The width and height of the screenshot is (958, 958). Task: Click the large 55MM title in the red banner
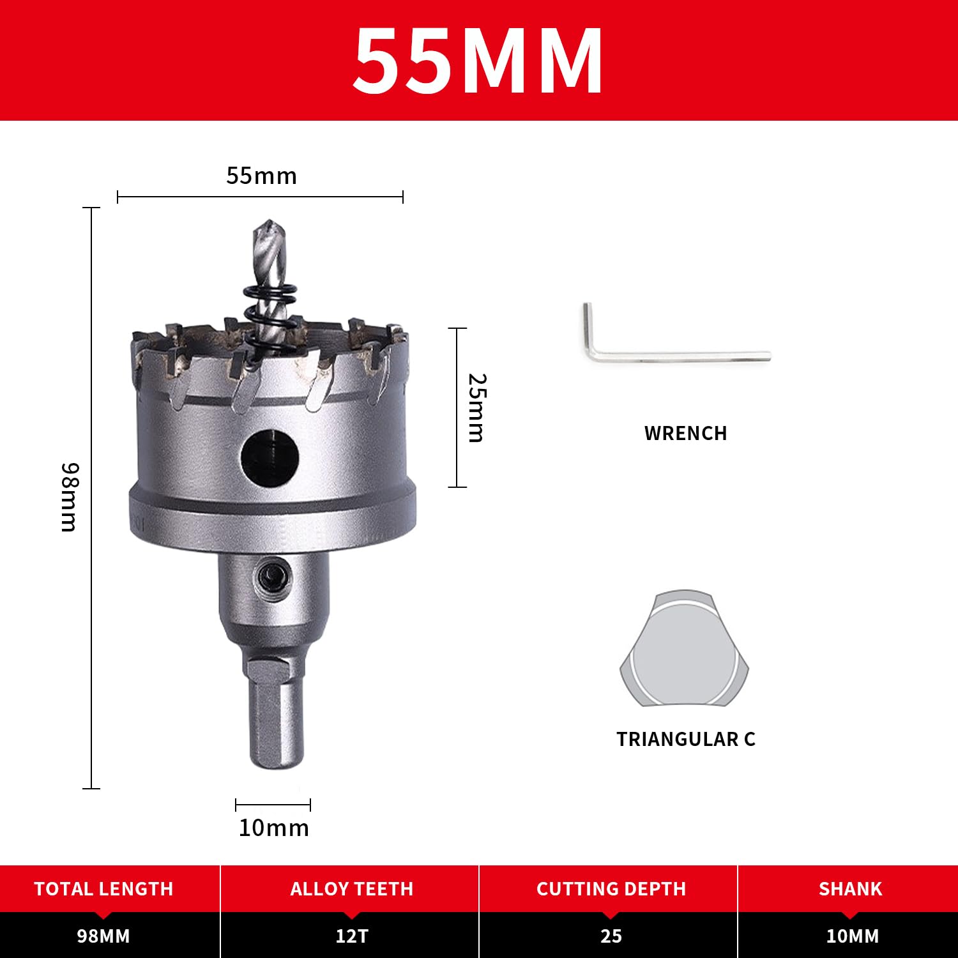click(x=478, y=61)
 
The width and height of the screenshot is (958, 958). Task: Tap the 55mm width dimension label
click(x=262, y=176)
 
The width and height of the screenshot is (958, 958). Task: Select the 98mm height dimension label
click(x=69, y=497)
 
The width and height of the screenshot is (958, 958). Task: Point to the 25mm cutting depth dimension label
click(x=476, y=407)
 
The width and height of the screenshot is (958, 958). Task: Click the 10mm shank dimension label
click(x=273, y=828)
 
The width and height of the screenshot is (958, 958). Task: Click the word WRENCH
click(x=686, y=434)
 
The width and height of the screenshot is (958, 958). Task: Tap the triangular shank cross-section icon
click(x=684, y=648)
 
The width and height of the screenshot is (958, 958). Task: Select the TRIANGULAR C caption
click(x=686, y=739)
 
